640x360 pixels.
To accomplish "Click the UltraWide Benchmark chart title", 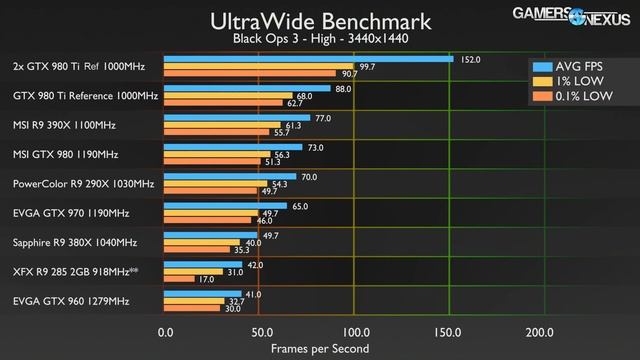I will point(321,20).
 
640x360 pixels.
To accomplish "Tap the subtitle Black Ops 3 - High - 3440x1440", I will point(321,40).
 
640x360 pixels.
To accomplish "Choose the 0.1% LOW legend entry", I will point(578,98).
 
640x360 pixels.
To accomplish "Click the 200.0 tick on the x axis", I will point(540,332).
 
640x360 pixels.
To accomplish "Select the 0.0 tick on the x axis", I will point(166,332).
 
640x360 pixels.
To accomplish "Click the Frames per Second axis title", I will point(320,349).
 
